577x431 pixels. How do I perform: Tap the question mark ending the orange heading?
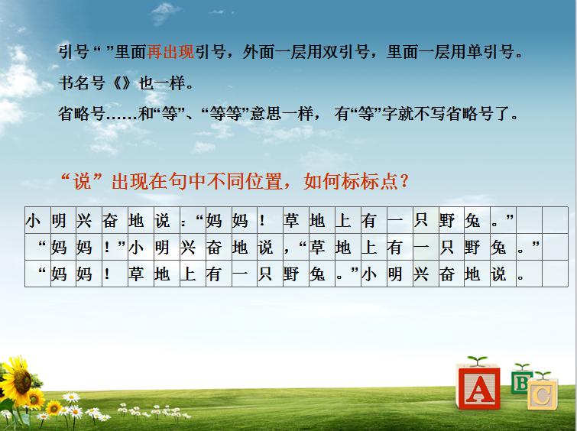click(x=404, y=182)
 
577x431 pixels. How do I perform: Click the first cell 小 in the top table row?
click(x=33, y=222)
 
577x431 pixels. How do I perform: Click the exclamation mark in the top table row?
click(x=263, y=222)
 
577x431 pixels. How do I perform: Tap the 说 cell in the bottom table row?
click(x=498, y=274)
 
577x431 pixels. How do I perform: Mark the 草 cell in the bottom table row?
click(x=136, y=274)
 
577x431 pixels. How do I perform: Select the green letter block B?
click(x=522, y=381)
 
